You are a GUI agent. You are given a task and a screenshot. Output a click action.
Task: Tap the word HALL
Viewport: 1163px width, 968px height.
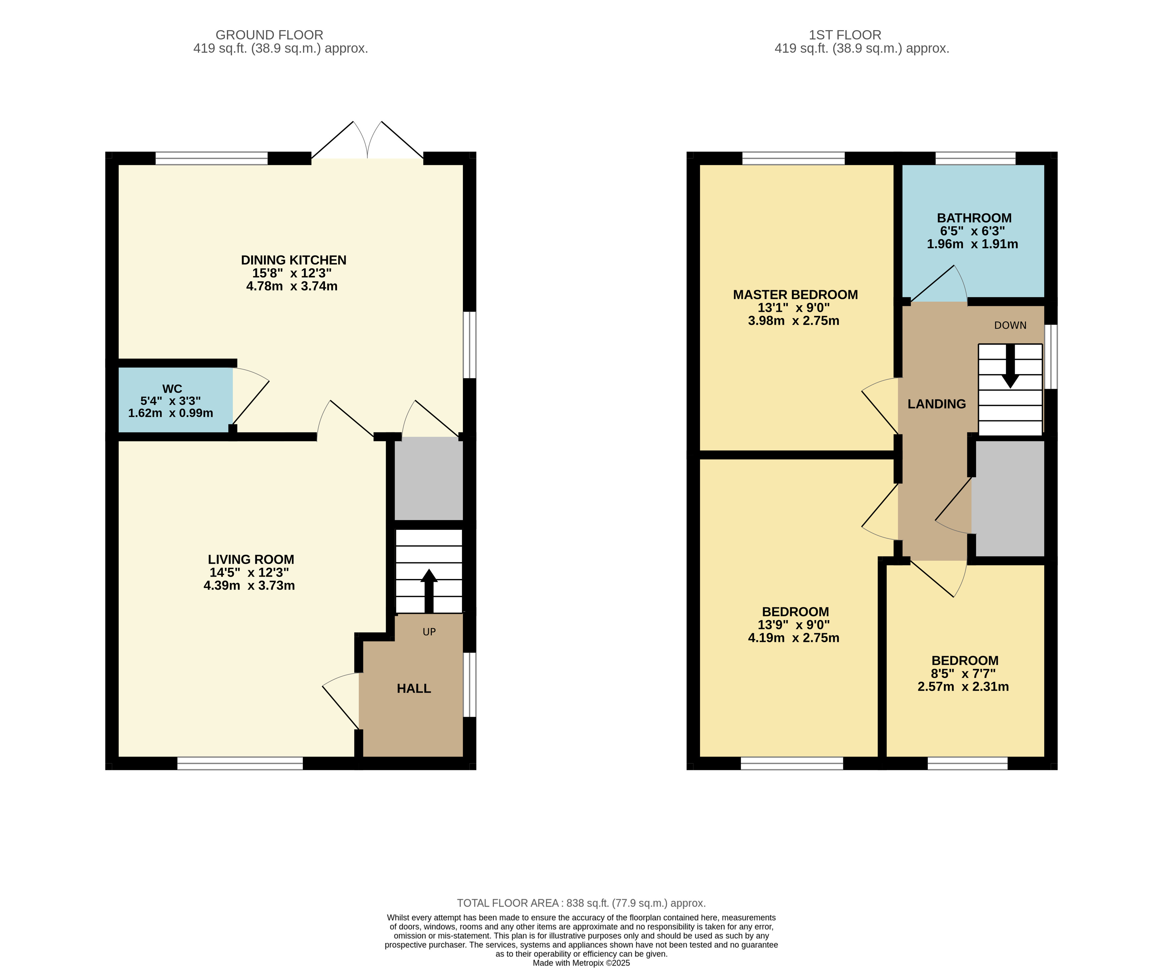[x=414, y=689]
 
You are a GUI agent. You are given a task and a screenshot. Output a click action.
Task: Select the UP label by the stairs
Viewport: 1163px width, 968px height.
[x=429, y=632]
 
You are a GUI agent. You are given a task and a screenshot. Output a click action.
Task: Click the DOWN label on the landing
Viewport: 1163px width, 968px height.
[x=1010, y=325]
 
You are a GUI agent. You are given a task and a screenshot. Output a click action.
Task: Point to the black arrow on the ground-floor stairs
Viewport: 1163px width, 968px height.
[x=429, y=591]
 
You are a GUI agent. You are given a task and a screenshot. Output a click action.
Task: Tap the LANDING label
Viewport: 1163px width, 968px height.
[x=937, y=404]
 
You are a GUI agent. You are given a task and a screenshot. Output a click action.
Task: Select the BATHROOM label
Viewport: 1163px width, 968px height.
[x=974, y=218]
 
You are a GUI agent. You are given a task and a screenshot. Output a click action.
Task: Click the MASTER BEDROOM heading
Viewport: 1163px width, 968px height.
[x=795, y=294]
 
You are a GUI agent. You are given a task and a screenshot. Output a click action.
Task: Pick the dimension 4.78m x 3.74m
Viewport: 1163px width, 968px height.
[x=292, y=286]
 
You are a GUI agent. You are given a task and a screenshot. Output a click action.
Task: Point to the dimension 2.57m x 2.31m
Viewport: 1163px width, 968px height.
[x=963, y=687]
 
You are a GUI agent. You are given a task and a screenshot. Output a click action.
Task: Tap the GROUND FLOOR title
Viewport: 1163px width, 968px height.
[x=269, y=35]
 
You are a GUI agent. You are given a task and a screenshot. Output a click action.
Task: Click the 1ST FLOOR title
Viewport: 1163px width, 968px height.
[x=845, y=35]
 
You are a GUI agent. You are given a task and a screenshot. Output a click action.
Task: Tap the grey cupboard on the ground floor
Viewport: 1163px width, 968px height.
[x=429, y=479]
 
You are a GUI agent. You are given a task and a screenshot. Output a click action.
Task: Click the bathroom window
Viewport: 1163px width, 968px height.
[x=975, y=158]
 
